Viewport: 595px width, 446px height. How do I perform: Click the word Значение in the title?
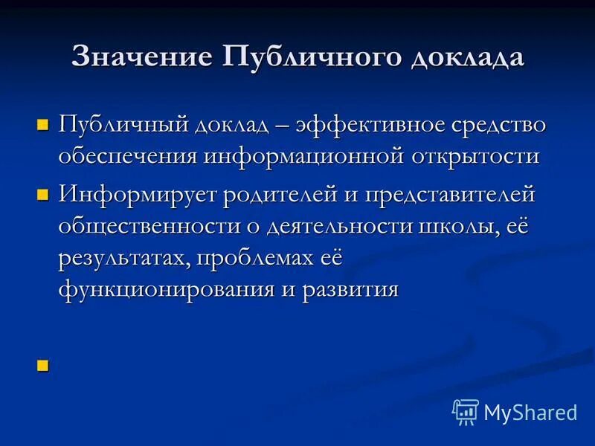pos(139,58)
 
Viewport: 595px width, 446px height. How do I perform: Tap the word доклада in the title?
pos(465,58)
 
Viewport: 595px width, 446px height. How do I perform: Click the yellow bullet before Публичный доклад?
pos(42,124)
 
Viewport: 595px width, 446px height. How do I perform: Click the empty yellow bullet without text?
pos(42,364)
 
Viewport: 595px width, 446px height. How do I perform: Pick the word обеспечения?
pos(127,157)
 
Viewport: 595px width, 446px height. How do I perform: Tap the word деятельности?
pos(324,227)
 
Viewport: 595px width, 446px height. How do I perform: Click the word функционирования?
pos(167,289)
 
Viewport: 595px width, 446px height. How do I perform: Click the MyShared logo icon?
pos(465,411)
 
